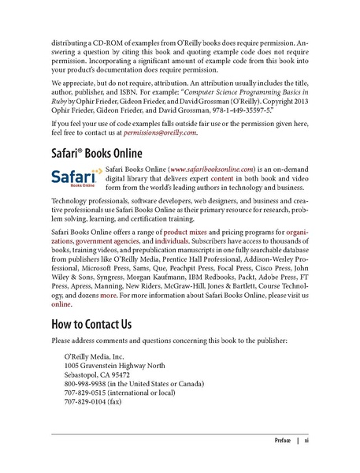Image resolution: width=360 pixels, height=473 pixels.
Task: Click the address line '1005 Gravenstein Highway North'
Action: pos(114,365)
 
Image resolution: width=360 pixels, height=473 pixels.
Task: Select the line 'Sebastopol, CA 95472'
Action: pos(98,374)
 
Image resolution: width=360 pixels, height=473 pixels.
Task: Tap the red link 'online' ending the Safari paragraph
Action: pos(61,303)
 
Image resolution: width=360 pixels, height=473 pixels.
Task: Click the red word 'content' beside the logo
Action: pos(237,179)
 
